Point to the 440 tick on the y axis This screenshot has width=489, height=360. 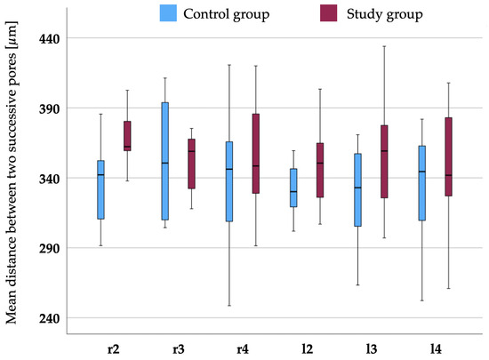click(x=72, y=39)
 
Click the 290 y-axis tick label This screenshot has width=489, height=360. click(x=72, y=249)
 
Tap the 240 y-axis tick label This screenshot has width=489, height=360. click(x=72, y=318)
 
